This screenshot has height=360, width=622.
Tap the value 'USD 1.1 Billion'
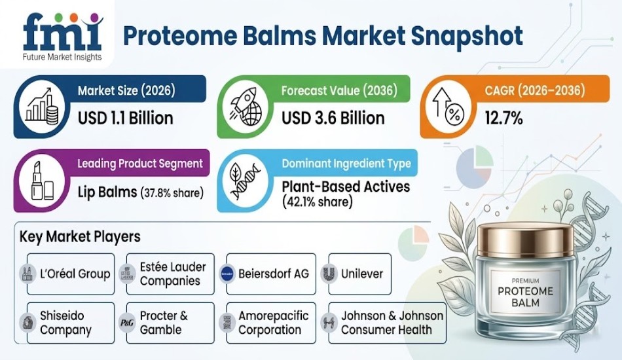[x=125, y=118]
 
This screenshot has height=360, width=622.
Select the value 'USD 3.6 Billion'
[x=333, y=118]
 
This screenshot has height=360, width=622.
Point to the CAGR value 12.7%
[x=503, y=118]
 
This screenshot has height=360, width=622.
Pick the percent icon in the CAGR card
[x=450, y=107]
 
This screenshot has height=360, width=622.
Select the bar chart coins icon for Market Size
[x=43, y=107]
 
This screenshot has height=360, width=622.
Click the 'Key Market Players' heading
[x=80, y=236]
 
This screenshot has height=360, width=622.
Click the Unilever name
[x=362, y=274]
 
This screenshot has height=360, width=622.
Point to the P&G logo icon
[x=126, y=323]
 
